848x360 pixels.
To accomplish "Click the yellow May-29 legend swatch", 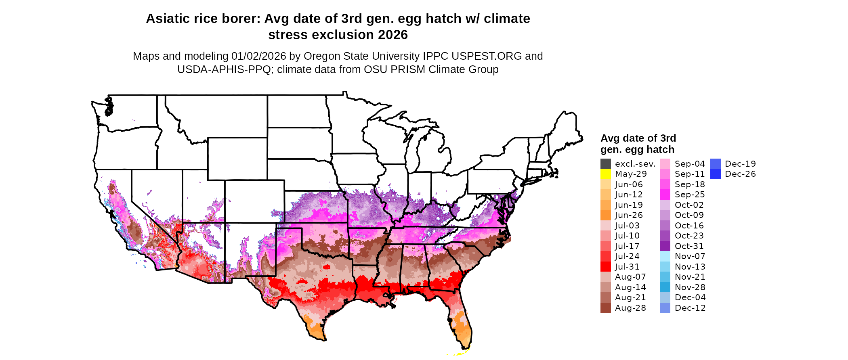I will tap(606, 174).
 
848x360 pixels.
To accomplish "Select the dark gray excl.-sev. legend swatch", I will tap(606, 164).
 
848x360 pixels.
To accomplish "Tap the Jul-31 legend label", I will tap(627, 267).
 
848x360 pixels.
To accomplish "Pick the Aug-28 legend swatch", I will tap(606, 308).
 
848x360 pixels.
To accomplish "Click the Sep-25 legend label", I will tap(690, 195).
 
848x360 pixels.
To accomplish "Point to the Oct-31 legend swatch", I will tap(665, 246).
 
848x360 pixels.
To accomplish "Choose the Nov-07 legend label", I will tap(690, 256).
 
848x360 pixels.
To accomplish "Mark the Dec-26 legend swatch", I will tap(716, 174).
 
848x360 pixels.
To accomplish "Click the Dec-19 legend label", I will tap(740, 164).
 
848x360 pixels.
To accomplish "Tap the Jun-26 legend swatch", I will tap(606, 215).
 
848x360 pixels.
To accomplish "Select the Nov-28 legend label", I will tap(690, 287).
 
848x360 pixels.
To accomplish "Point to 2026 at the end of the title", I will tap(393, 35).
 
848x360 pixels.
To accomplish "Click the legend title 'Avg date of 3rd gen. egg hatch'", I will tap(638, 144).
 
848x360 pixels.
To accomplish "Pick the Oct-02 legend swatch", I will tap(665, 205).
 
